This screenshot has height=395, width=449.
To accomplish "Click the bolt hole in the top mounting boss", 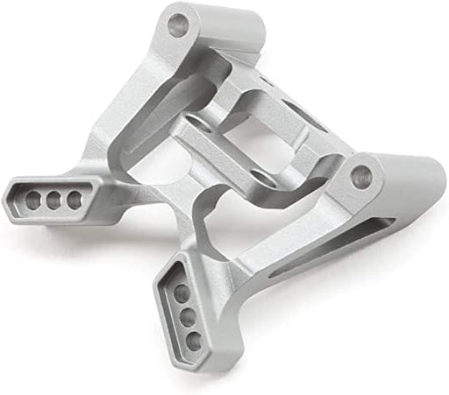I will pyautogui.click(x=177, y=23).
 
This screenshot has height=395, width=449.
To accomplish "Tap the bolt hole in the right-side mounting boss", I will pyautogui.click(x=361, y=176).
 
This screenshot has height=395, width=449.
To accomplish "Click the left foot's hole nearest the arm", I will pyautogui.click(x=75, y=200).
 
